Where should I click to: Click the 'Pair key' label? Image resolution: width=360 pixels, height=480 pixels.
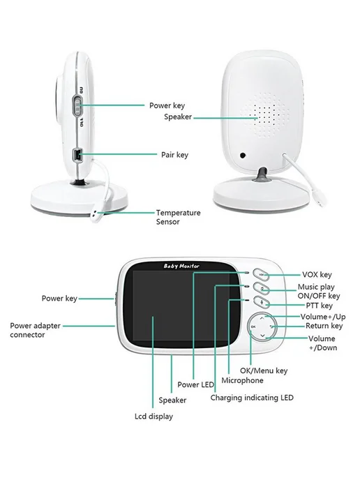click(x=174, y=155)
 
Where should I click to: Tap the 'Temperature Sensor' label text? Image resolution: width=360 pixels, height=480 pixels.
click(x=178, y=217)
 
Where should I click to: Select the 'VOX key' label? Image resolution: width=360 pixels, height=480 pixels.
click(x=317, y=275)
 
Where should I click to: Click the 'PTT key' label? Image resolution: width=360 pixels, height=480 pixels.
click(x=320, y=306)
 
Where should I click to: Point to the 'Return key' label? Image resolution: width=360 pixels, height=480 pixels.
click(x=324, y=326)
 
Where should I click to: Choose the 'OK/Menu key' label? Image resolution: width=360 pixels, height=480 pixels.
click(x=264, y=370)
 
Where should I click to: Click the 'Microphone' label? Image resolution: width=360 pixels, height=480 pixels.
click(x=242, y=380)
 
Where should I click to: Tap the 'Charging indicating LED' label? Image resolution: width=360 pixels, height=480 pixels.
click(x=252, y=398)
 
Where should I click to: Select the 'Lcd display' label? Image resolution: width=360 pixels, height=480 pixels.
click(x=153, y=417)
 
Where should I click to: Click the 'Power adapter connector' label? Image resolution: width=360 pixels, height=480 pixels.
click(x=35, y=330)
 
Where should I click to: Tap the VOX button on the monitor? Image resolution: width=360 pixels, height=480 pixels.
click(x=261, y=275)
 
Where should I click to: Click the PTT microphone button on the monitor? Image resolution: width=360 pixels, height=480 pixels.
click(x=262, y=303)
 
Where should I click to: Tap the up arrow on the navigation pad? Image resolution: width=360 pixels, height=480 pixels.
click(x=262, y=318)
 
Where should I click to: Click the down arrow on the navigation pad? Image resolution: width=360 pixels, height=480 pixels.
click(x=262, y=336)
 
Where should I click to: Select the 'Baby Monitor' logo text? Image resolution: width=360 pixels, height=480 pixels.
click(x=181, y=266)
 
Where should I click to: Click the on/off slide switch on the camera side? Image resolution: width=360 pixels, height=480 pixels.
click(x=78, y=106)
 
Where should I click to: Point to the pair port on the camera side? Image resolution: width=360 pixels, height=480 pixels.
click(x=77, y=155)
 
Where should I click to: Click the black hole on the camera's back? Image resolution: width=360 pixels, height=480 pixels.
click(x=243, y=155)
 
